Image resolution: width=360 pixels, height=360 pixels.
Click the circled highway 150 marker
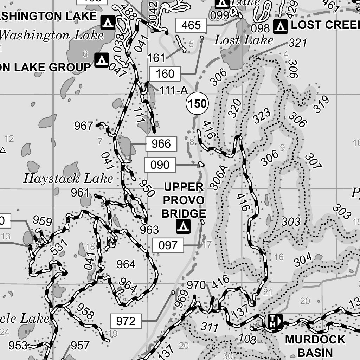(x=197, y=104)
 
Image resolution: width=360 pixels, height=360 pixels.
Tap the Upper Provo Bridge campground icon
(x=183, y=226)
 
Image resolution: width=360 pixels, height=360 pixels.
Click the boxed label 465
(x=191, y=25)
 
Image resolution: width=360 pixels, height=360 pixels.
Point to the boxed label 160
(x=165, y=74)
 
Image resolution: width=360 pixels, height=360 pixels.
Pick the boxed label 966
(x=161, y=144)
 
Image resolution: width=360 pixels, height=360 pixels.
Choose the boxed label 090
(x=160, y=165)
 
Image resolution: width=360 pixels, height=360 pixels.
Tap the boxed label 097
(x=168, y=245)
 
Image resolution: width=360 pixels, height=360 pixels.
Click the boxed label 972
(x=126, y=321)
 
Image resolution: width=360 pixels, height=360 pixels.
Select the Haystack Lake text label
(x=68, y=179)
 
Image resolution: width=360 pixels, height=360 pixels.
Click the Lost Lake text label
(x=244, y=40)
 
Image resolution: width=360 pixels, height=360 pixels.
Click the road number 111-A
(x=174, y=91)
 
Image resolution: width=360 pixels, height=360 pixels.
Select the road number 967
(x=83, y=126)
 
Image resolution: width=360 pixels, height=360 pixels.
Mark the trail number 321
(x=298, y=43)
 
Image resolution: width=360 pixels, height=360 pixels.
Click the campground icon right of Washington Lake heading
(x=108, y=22)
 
